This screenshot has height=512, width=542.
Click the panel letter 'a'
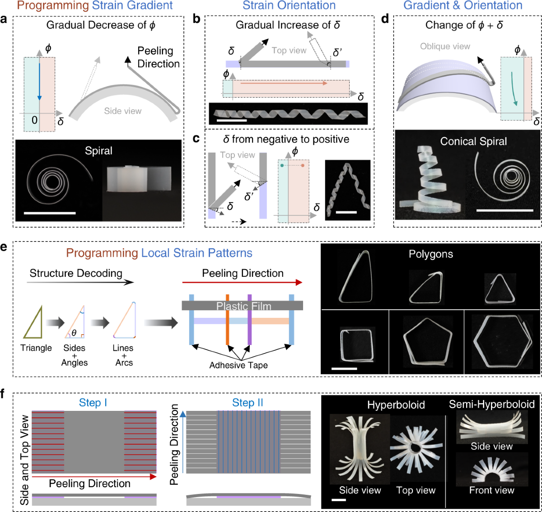click(x=4, y=20)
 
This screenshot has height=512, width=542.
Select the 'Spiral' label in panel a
click(x=98, y=151)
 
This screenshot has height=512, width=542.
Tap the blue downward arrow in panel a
click(x=40, y=81)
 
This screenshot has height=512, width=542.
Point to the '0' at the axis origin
click(x=34, y=120)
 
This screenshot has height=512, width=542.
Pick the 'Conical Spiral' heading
click(x=473, y=142)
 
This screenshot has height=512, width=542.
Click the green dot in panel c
click(x=282, y=166)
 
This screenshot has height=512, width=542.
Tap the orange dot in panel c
click(x=302, y=166)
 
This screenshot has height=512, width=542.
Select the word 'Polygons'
click(x=430, y=254)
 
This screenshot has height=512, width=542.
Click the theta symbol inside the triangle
click(x=74, y=333)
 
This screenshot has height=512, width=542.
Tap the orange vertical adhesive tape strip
click(x=228, y=321)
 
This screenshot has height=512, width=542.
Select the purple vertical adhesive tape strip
click(x=249, y=321)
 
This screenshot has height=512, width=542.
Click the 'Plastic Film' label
click(x=244, y=306)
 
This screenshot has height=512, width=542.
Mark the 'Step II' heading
click(x=248, y=403)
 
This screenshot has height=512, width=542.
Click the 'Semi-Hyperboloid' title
click(x=491, y=404)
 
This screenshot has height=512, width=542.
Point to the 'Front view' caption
click(x=491, y=490)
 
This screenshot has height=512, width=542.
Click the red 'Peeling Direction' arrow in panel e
click(x=242, y=283)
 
